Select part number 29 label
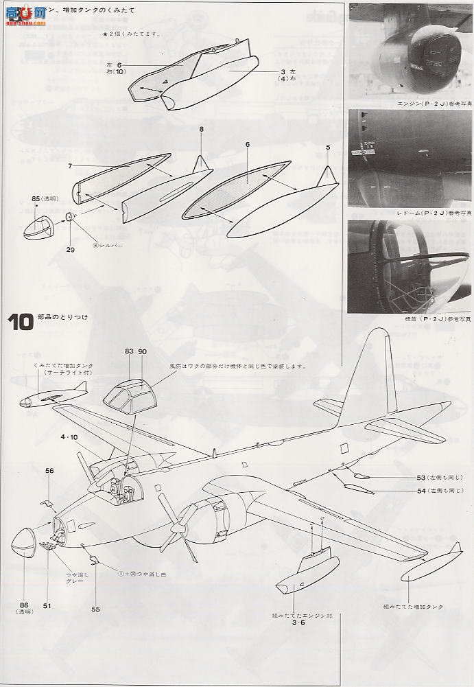pos(70,250)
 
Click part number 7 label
pos(70,165)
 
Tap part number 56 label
pos(49,470)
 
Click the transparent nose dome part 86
pos(27,550)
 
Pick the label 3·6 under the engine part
pos(298,623)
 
